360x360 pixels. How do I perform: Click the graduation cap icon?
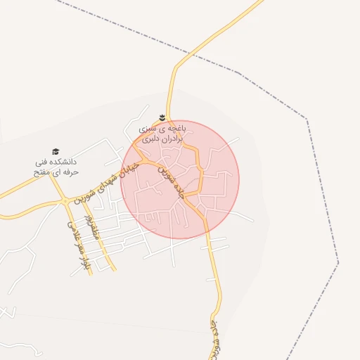[x=56, y=151]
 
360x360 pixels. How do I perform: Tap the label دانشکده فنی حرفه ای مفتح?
[x=56, y=167]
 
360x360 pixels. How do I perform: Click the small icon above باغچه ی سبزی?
[x=161, y=116]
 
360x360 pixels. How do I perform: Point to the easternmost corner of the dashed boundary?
[x=338, y=264]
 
